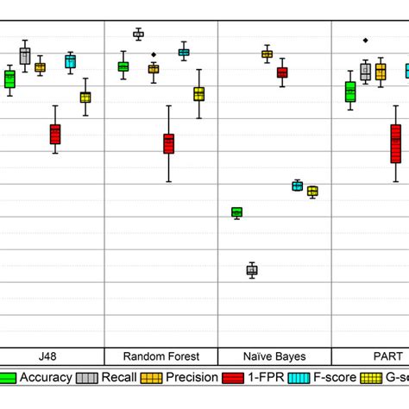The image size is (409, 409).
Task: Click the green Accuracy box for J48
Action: click(9, 79)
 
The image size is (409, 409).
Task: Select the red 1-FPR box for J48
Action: click(55, 134)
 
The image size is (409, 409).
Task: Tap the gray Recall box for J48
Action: click(25, 57)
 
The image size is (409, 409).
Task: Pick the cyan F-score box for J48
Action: click(70, 61)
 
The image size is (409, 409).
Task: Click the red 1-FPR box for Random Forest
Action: click(169, 143)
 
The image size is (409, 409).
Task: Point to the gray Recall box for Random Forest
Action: click(138, 35)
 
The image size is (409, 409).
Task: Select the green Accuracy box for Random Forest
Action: click(123, 66)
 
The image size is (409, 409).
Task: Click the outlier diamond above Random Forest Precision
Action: click(154, 54)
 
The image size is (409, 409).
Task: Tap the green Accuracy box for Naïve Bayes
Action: click(237, 211)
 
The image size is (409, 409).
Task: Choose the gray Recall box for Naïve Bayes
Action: click(252, 270)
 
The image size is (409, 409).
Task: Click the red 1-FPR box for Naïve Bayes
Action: click(282, 73)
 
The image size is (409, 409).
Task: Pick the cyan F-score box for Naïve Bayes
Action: click(298, 186)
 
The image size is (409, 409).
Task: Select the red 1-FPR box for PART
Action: click(396, 143)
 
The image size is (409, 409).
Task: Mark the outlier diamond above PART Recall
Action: click(366, 40)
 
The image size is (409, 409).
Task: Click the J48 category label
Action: click(49, 356)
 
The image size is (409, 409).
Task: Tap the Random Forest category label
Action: click(161, 356)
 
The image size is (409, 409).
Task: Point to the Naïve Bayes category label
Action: click(274, 356)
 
